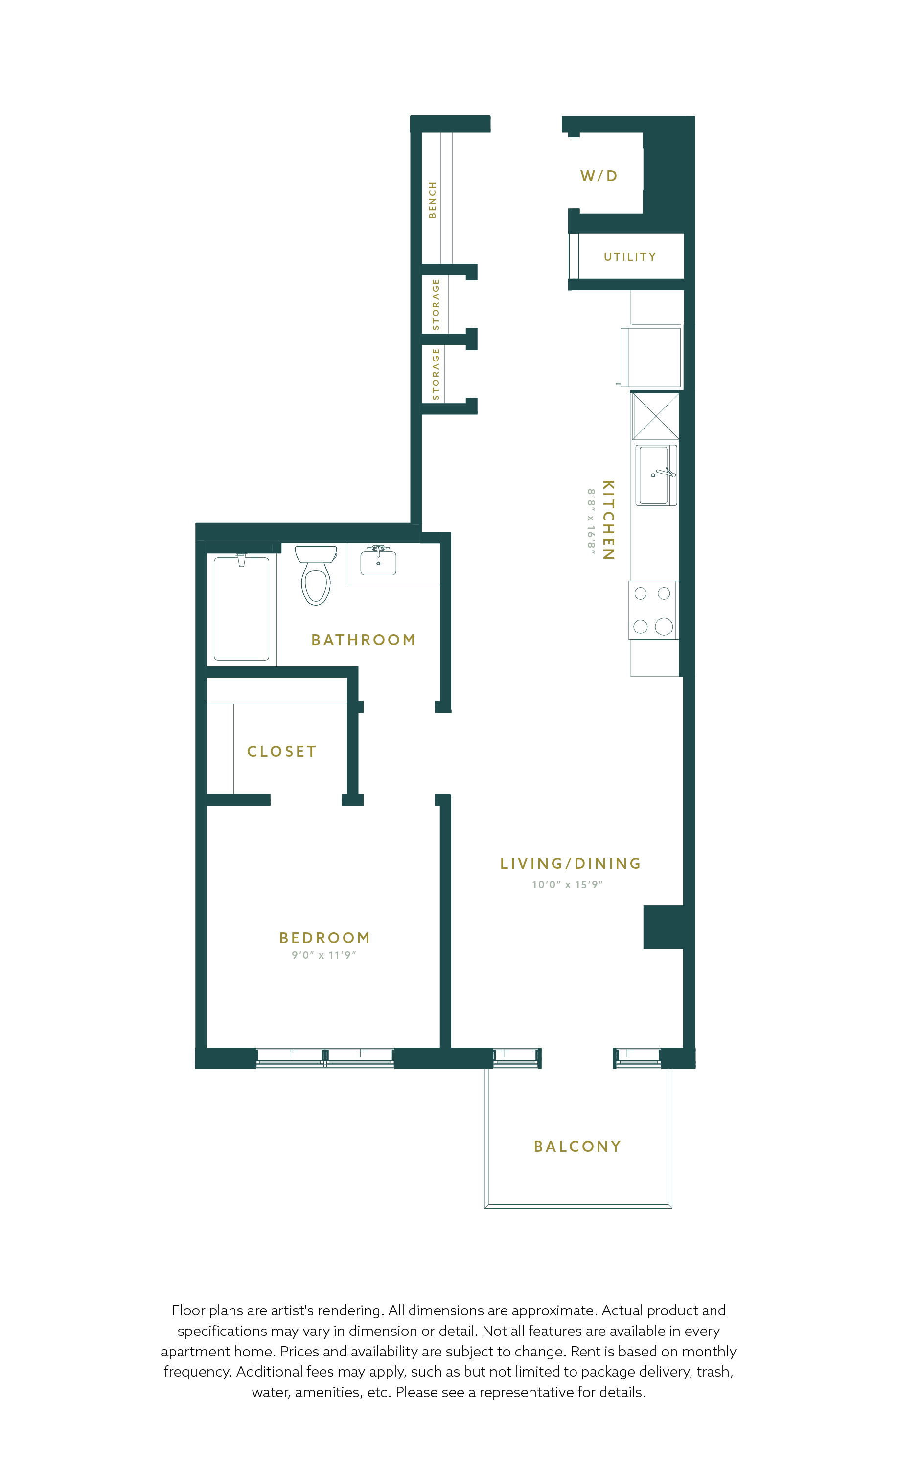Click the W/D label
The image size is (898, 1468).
coord(599,176)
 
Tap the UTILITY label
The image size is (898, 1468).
coord(630,257)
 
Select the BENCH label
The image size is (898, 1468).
coord(433,200)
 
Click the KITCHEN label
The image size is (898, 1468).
coord(608,519)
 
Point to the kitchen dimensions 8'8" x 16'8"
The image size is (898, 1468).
coord(591,521)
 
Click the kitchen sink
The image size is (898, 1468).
coord(656,475)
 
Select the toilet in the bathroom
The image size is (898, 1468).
coord(316,575)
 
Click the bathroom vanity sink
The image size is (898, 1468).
coord(378,561)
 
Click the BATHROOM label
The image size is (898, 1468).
coord(364,640)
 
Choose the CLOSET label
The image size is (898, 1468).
coord(282,752)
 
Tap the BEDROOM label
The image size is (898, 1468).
coord(325,938)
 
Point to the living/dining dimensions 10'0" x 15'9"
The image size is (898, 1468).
coord(567,885)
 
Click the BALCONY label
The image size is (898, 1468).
coord(577,1146)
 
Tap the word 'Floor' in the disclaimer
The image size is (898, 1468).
coord(189,1310)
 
